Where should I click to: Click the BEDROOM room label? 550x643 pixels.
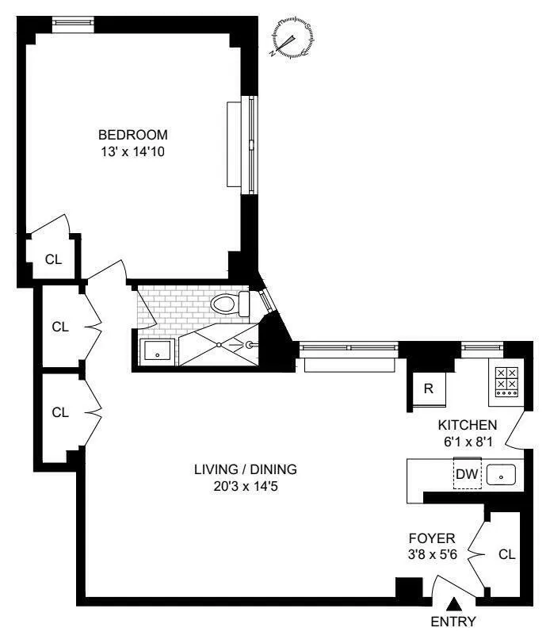tap(133, 134)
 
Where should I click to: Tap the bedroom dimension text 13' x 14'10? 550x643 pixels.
tap(133, 150)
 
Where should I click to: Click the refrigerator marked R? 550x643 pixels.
tap(428, 388)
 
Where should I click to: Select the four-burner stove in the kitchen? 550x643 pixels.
tap(506, 381)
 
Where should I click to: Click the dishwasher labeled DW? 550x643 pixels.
tap(465, 475)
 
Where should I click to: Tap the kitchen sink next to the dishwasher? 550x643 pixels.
tap(501, 476)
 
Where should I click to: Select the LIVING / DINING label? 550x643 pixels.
tap(239, 469)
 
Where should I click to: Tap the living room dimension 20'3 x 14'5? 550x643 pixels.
tap(239, 486)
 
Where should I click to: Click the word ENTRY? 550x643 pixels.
tap(454, 622)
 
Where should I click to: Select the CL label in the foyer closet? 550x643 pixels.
tap(506, 554)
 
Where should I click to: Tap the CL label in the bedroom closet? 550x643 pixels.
tap(52, 258)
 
